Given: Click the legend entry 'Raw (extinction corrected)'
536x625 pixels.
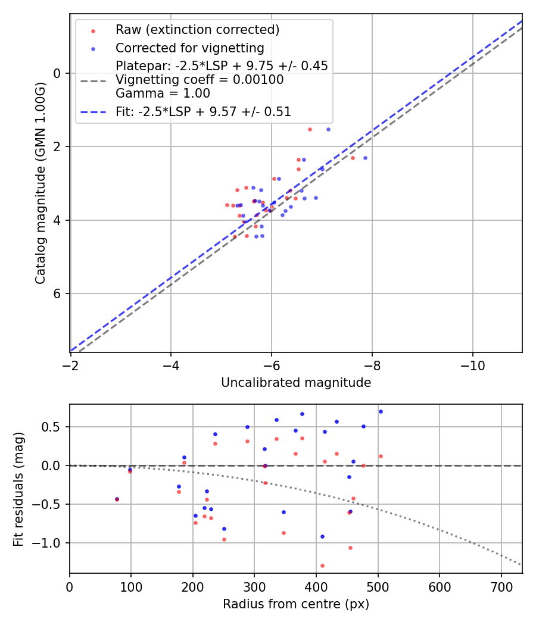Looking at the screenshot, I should [x=197, y=30].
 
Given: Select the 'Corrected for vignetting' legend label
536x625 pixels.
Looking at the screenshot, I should [x=189, y=48].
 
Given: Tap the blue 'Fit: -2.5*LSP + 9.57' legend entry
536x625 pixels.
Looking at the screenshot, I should [x=203, y=111].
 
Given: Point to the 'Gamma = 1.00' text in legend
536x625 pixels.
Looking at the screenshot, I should [x=163, y=93].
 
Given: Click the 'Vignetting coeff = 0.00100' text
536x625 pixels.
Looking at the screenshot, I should [x=200, y=80].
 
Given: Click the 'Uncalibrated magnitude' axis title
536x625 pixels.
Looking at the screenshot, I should [x=296, y=383].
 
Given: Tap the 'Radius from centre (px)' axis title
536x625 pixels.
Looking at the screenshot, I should [x=296, y=604].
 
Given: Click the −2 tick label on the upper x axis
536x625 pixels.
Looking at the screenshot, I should [x=71, y=362].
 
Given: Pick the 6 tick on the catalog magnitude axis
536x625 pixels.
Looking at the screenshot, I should [x=58, y=294].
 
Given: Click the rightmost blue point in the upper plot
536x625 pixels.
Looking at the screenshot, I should [x=365, y=158].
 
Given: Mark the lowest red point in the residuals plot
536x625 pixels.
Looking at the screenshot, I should [x=322, y=565].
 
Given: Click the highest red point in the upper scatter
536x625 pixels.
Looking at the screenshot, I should [x=310, y=129].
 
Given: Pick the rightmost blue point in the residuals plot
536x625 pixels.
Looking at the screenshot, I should [x=381, y=411].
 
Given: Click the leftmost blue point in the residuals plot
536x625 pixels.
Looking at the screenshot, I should [x=117, y=499].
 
